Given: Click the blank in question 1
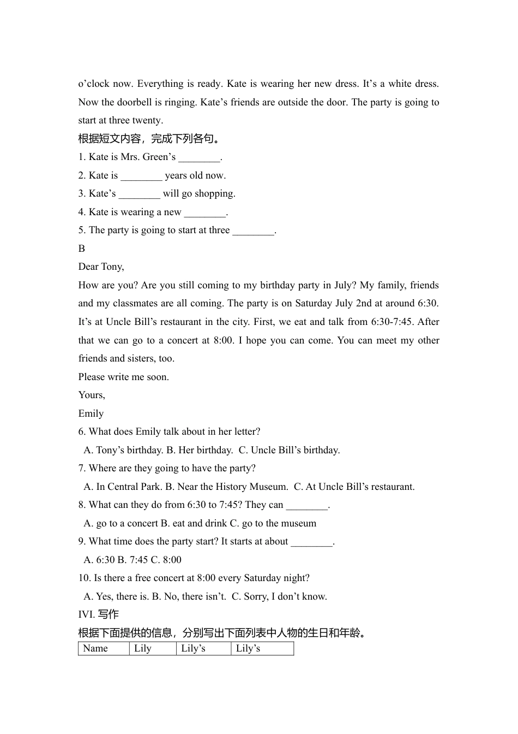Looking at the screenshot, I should tap(199, 158).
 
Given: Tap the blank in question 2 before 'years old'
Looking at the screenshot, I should tap(141, 176).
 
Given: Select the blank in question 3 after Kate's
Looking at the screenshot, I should tap(139, 194).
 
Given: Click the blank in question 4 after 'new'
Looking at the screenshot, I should tap(204, 212).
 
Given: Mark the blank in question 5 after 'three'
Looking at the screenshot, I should tap(253, 231).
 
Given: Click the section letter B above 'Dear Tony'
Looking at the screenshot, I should tap(82, 248).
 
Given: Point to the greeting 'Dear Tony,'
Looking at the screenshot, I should tap(101, 267).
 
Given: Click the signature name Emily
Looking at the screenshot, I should tap(91, 413).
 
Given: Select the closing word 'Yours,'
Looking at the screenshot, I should tap(92, 395).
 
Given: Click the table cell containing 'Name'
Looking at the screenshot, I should tap(104, 648).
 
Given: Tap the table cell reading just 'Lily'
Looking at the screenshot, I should tap(153, 648).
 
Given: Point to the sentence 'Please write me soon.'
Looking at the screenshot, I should tap(124, 377).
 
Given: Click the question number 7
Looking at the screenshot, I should tap(82, 469).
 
